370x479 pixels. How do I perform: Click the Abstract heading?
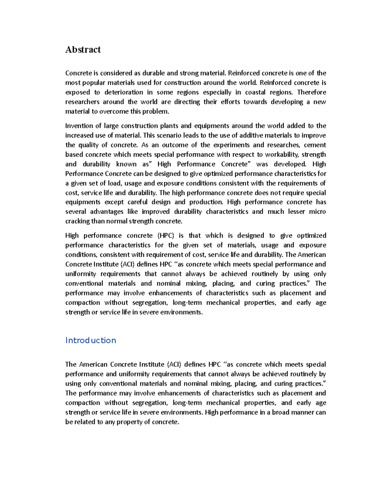point(83,50)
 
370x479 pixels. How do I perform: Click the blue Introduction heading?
point(91,340)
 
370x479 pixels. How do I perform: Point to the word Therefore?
point(311,92)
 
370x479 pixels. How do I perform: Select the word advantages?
point(107,212)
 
